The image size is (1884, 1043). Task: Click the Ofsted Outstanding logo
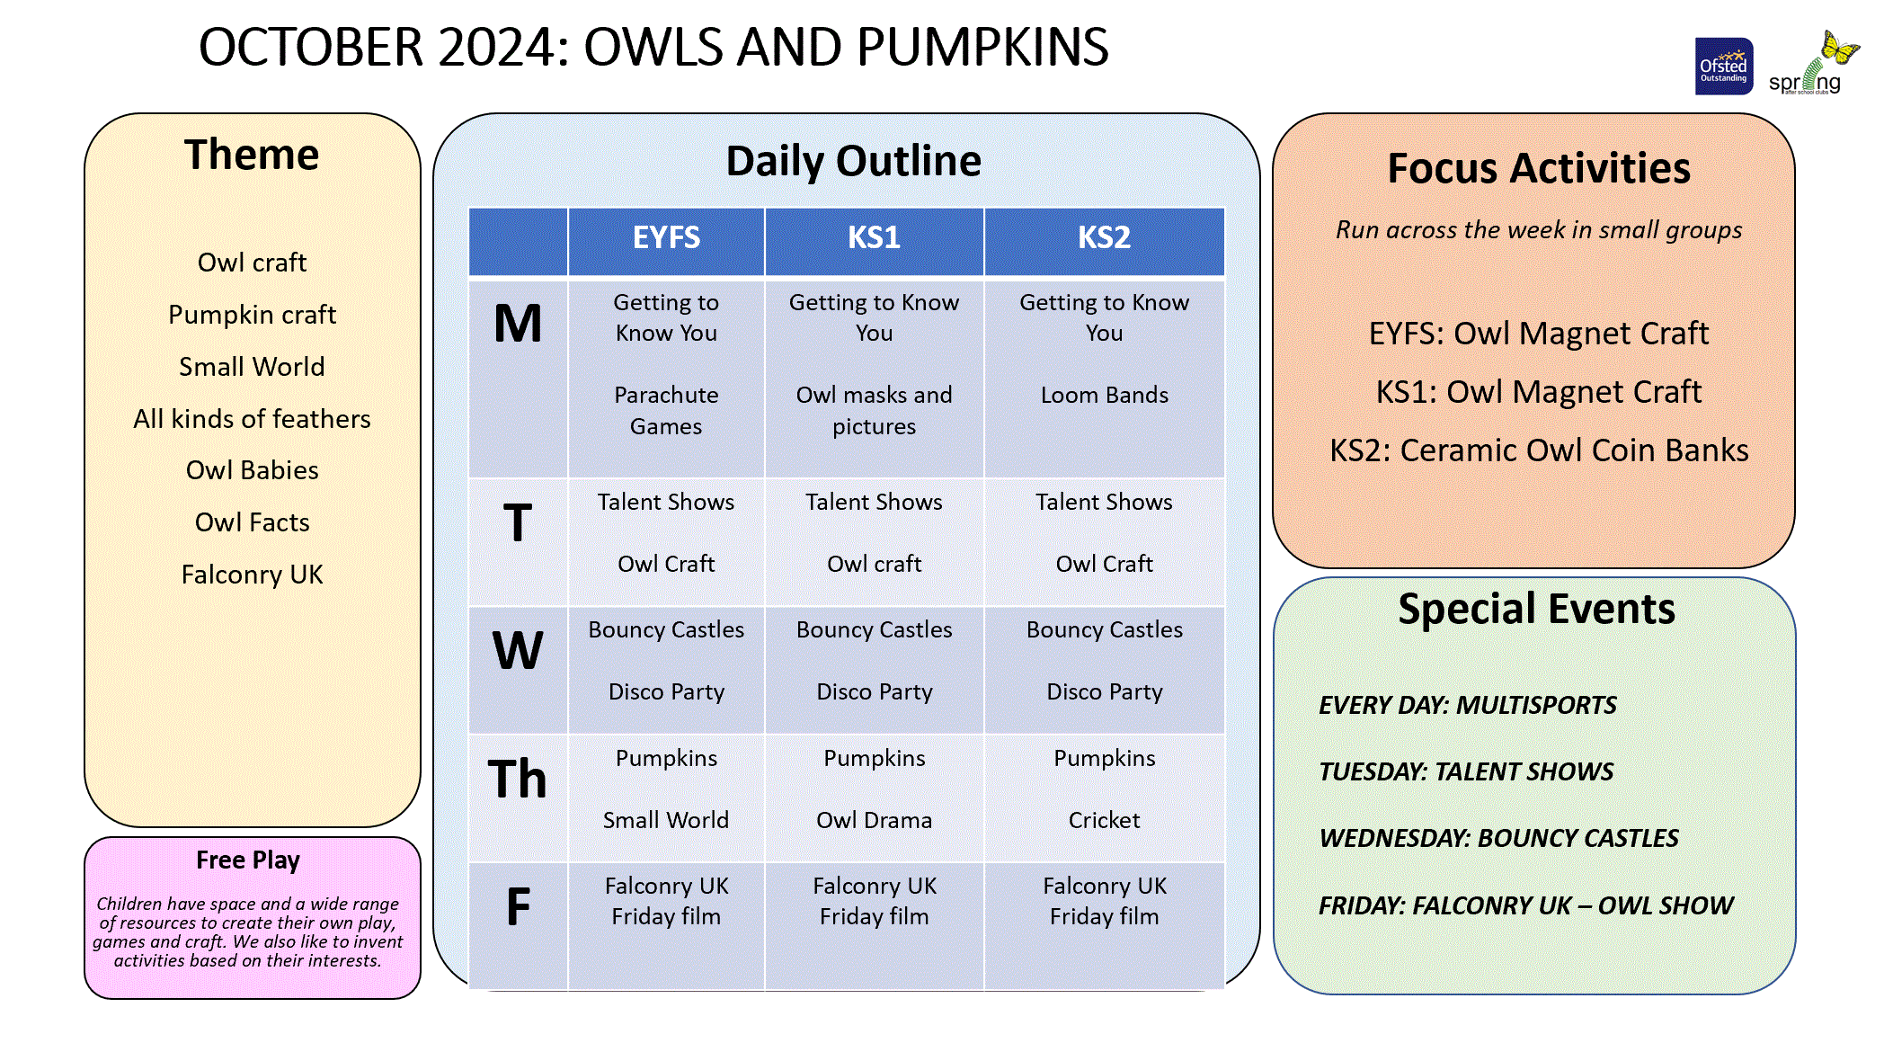click(1723, 66)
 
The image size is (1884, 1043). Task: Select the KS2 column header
click(1104, 237)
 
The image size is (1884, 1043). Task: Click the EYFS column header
click(666, 237)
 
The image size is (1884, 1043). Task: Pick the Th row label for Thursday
click(518, 779)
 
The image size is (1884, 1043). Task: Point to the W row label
click(518, 650)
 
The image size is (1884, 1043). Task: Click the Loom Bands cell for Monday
click(1104, 395)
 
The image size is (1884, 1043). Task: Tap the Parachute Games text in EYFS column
click(666, 410)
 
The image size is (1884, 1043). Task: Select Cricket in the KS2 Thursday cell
click(1104, 820)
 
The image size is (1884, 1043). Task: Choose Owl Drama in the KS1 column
click(874, 820)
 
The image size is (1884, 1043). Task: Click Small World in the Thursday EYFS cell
click(666, 820)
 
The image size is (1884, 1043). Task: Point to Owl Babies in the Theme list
click(253, 470)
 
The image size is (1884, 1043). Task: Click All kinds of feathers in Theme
click(253, 419)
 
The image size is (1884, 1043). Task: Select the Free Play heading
click(248, 860)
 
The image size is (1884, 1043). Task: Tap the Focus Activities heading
click(1539, 168)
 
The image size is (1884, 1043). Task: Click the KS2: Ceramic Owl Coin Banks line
click(1539, 450)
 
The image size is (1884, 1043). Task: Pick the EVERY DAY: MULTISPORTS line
click(1467, 705)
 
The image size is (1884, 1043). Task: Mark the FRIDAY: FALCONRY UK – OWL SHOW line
click(1525, 905)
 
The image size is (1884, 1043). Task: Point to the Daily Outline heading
click(854, 161)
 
